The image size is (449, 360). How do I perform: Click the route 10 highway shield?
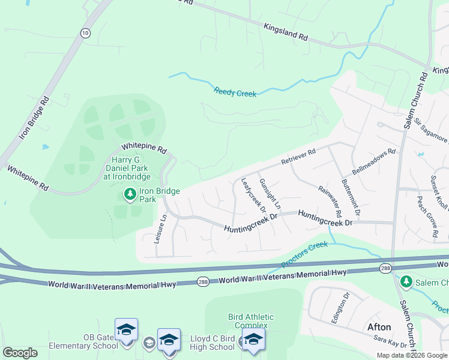point(86,33)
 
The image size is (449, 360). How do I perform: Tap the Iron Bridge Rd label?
point(32,117)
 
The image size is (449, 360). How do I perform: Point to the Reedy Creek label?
point(235,92)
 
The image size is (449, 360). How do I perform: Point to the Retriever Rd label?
point(298,158)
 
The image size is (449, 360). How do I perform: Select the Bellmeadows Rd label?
point(375,161)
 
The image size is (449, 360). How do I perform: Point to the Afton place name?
point(379,327)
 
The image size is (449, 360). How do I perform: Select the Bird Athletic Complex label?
point(251,321)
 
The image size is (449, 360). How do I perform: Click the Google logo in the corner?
point(20,353)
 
